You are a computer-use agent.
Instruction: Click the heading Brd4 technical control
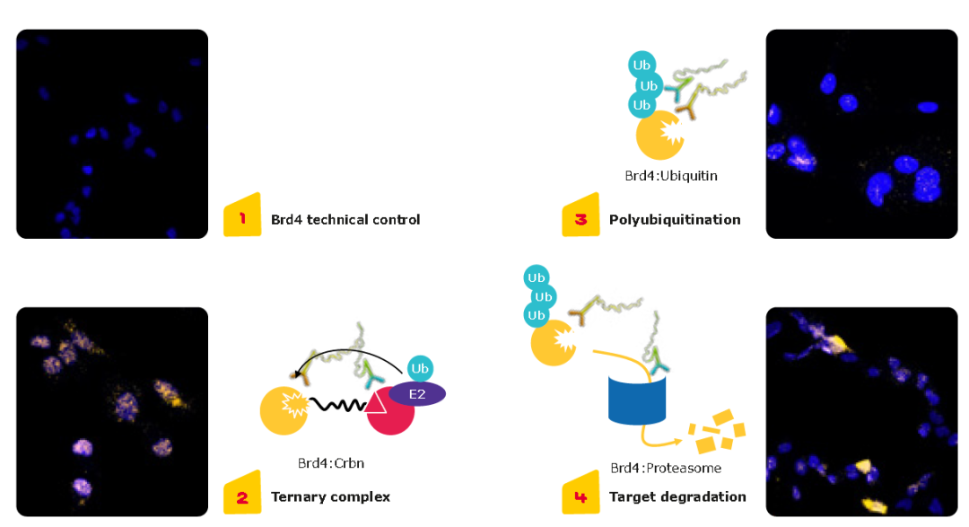[345, 219]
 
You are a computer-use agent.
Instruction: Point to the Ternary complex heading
[330, 496]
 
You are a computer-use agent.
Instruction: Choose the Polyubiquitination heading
[675, 219]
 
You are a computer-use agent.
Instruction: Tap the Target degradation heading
[677, 496]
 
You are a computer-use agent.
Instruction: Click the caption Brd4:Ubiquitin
[671, 176]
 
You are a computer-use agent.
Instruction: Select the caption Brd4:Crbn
[331, 463]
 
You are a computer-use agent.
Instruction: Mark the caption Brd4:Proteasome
[666, 468]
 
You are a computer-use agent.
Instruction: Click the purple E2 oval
[417, 393]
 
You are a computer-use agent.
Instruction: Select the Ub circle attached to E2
[420, 368]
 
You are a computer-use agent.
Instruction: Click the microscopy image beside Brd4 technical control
[112, 134]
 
